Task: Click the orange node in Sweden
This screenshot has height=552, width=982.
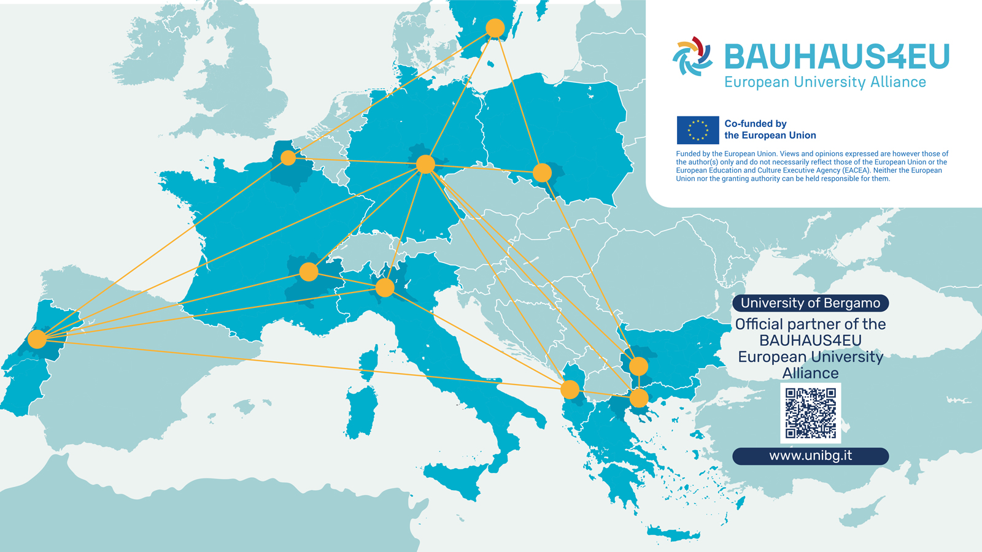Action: [495, 28]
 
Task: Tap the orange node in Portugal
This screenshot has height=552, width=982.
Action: [37, 339]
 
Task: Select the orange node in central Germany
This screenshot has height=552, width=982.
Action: [425, 164]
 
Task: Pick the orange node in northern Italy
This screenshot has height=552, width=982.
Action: [385, 287]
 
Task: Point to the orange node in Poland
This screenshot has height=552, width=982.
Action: [542, 173]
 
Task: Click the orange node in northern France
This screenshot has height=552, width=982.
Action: [288, 158]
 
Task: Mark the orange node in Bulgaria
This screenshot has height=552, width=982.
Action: [638, 366]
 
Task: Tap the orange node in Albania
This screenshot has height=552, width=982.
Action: [570, 389]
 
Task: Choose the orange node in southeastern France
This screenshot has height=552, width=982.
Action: [309, 271]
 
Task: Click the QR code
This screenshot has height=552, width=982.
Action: [811, 413]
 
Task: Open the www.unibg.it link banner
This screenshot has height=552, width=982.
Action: [810, 456]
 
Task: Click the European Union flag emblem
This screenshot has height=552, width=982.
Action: [698, 130]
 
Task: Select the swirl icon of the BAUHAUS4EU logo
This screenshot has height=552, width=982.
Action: [692, 56]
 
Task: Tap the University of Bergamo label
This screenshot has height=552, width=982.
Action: [810, 303]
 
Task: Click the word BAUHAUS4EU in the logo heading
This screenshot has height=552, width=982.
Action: [837, 57]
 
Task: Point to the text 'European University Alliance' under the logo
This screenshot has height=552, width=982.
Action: [825, 82]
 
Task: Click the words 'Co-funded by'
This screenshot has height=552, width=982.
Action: [755, 124]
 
